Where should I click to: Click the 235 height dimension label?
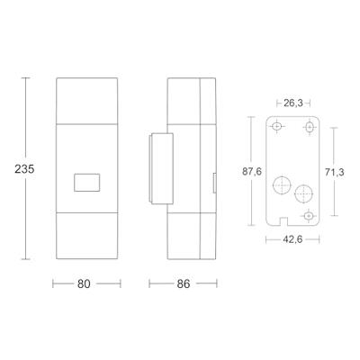[24, 169]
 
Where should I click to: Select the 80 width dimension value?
[84, 283]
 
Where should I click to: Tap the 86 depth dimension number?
[184, 283]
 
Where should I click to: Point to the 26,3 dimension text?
[292, 103]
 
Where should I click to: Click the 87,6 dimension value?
[252, 172]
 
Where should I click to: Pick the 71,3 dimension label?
[335, 172]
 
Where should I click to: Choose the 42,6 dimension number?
[292, 239]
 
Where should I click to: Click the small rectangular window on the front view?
[87, 182]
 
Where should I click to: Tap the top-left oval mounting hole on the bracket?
[277, 126]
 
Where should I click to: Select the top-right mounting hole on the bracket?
[310, 128]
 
